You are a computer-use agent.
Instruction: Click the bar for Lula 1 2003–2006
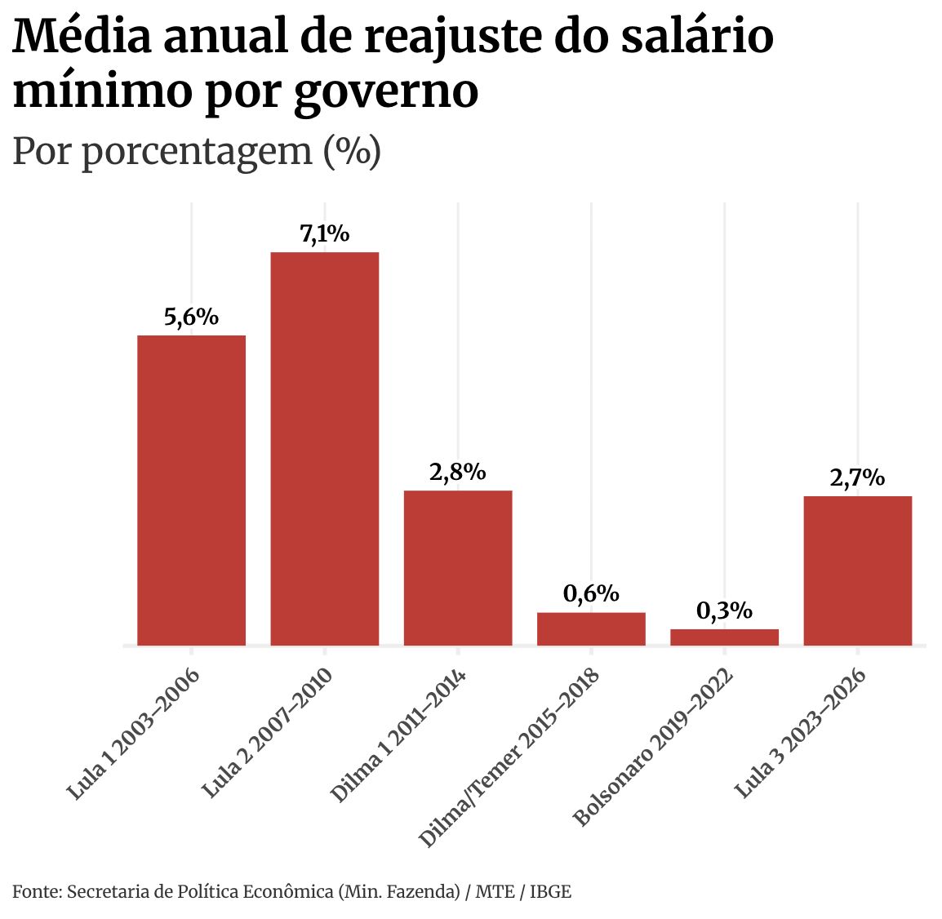click(x=191, y=490)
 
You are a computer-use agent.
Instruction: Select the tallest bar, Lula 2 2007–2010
click(x=325, y=449)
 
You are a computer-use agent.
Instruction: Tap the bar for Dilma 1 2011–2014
click(x=458, y=567)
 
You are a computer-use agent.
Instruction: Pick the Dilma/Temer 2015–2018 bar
click(x=591, y=628)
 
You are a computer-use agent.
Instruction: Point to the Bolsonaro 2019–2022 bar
click(x=724, y=637)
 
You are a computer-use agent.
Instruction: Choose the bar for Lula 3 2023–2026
click(x=857, y=570)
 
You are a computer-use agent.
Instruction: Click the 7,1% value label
click(x=325, y=234)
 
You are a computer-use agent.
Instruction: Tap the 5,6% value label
click(x=191, y=317)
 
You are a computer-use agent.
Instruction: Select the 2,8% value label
click(x=458, y=472)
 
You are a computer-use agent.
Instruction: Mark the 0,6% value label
click(x=591, y=593)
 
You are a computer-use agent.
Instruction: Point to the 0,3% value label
click(x=724, y=610)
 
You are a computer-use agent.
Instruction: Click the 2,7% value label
click(x=857, y=477)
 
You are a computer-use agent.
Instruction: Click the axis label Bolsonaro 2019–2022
click(x=653, y=748)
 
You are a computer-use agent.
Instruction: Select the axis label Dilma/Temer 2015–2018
click(x=509, y=758)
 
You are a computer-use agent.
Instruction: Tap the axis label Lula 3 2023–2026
click(x=800, y=734)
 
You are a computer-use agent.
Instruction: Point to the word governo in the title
click(x=385, y=91)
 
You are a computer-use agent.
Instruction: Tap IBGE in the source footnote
click(x=551, y=891)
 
